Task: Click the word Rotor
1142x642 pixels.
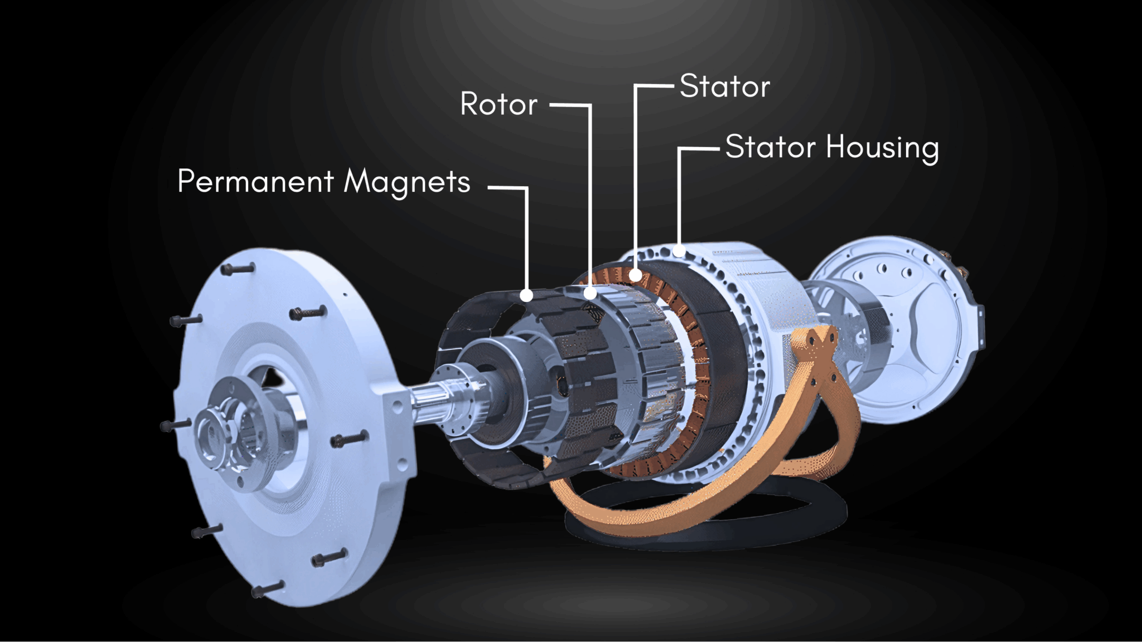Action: coord(499,104)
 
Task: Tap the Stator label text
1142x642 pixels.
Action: coord(724,86)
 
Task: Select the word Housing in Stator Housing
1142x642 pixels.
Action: coord(882,148)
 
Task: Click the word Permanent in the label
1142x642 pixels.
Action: coord(255,181)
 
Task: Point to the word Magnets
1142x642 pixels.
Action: coord(407,182)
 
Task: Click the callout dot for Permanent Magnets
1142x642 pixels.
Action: coord(526,295)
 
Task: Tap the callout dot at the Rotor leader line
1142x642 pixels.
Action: coord(591,293)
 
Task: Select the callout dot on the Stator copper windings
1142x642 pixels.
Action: coord(635,275)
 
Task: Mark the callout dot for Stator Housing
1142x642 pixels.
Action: coord(679,250)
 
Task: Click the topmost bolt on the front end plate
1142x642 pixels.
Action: coord(238,269)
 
